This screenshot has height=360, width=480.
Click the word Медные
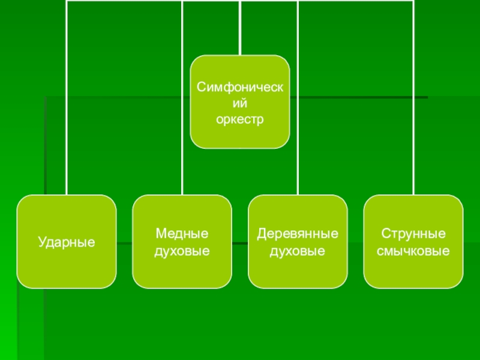[182, 233]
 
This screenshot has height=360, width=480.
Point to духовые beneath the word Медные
[182, 250]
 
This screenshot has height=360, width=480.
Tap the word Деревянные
[298, 233]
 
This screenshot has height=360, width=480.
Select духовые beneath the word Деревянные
[298, 250]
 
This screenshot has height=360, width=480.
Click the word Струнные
[413, 233]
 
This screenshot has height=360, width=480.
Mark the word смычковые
[413, 250]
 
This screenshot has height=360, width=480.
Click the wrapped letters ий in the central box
[240, 104]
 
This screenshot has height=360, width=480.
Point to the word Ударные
[67, 242]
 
